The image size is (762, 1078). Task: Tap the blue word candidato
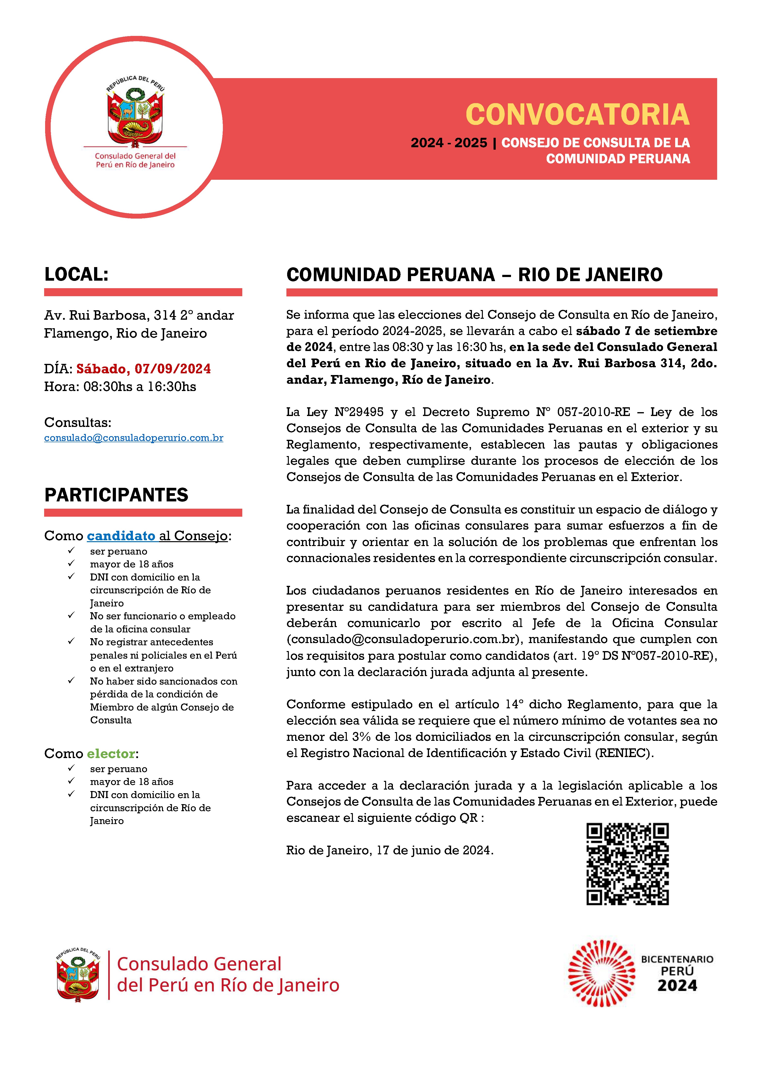pyautogui.click(x=121, y=536)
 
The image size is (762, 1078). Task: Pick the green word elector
pyautogui.click(x=111, y=754)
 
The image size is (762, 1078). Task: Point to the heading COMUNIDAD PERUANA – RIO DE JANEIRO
pyautogui.click(x=474, y=275)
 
